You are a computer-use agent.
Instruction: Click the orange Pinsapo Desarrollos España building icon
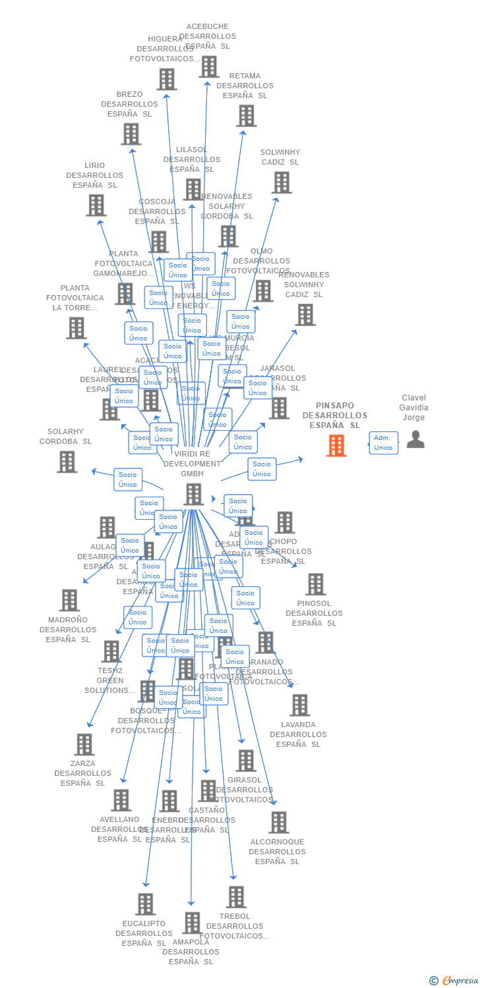[x=336, y=446]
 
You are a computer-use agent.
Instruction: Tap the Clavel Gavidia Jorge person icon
[x=415, y=439]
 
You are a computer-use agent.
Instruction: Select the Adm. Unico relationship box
[x=383, y=443]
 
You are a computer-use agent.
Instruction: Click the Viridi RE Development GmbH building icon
[x=193, y=494]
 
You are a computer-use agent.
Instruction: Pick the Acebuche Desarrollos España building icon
[x=209, y=67]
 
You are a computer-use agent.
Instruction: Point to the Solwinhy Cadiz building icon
[x=282, y=182]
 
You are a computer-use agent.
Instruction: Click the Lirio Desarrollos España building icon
[x=96, y=205]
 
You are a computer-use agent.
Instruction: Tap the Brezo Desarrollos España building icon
[x=131, y=134]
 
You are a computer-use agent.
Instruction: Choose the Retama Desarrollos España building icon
[x=246, y=115]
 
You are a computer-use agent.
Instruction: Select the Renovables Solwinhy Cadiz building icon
[x=305, y=314]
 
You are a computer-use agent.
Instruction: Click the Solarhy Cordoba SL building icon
[x=67, y=462]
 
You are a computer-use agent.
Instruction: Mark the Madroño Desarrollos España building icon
[x=69, y=600]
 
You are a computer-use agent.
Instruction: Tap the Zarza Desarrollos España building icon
[x=84, y=744]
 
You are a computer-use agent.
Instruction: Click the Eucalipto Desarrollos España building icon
[x=145, y=904]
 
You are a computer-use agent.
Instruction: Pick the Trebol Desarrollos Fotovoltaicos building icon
[x=235, y=896]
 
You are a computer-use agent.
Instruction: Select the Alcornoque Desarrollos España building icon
[x=278, y=822]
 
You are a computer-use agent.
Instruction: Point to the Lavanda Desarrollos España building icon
[x=299, y=705]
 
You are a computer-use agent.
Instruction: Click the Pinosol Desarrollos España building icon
[x=315, y=584]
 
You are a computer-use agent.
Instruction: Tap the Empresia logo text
[x=460, y=981]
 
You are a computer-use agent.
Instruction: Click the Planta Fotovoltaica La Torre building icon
[x=76, y=327]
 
